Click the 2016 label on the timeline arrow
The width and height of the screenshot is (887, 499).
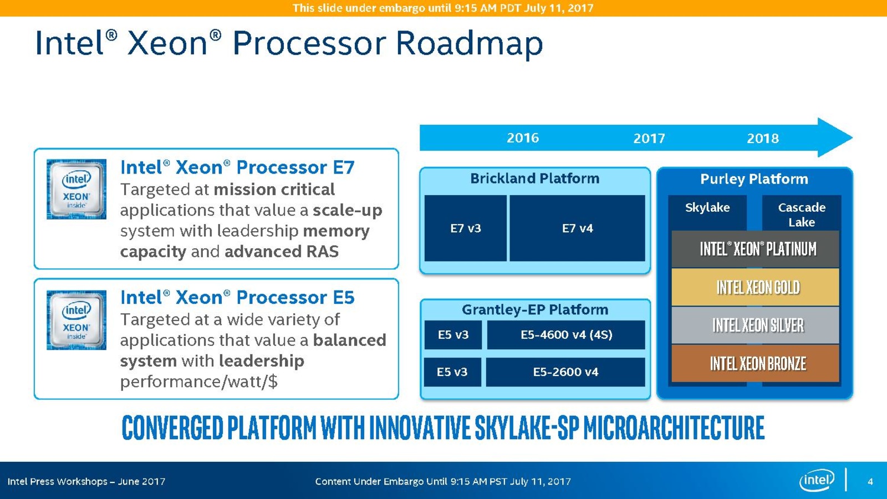coord(523,138)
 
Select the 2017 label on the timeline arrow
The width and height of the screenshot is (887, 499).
coord(649,139)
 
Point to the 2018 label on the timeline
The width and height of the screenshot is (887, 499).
coord(763,139)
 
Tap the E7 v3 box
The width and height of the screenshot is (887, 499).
coord(466,228)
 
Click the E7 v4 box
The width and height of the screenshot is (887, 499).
coord(577,228)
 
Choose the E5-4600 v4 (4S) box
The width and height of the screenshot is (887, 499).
coord(566,335)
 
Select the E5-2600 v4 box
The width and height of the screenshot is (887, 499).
coord(565,372)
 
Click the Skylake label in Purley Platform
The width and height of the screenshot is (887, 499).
coord(707,207)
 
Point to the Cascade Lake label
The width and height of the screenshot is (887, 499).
coord(802,215)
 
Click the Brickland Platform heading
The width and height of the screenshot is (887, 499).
coord(535,179)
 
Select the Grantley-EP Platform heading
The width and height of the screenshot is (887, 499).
coord(535,309)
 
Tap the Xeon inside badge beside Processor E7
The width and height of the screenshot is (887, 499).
coord(77,189)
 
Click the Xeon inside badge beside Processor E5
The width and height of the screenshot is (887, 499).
coord(77,320)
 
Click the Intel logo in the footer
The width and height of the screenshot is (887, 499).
coord(817,480)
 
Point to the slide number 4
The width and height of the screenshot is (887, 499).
coord(870,481)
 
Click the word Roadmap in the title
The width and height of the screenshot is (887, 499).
coord(469,43)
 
